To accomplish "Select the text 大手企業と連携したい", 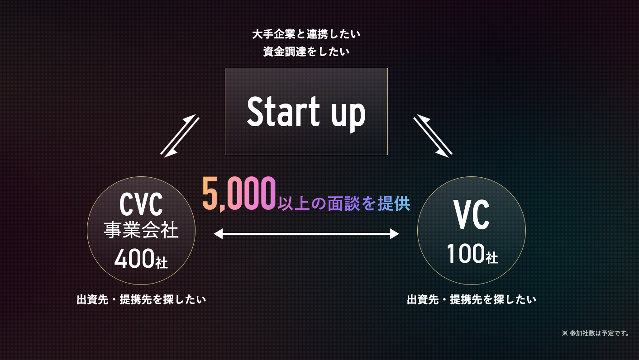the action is click(306, 34).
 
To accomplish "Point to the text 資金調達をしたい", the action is click(306, 52).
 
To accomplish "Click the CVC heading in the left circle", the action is click(141, 205).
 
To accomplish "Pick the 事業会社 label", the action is click(141, 230).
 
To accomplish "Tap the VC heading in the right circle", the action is click(472, 216).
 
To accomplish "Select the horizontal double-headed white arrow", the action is click(306, 234).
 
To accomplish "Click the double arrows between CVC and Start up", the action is click(180, 136).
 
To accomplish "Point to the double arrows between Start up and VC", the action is click(433, 136).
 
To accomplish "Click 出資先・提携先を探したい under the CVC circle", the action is click(141, 299).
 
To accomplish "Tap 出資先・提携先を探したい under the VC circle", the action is click(472, 299).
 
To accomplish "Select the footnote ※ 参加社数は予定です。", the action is click(596, 333).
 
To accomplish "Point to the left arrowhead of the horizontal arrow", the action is click(218, 234).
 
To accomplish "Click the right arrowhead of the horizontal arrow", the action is click(395, 234).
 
